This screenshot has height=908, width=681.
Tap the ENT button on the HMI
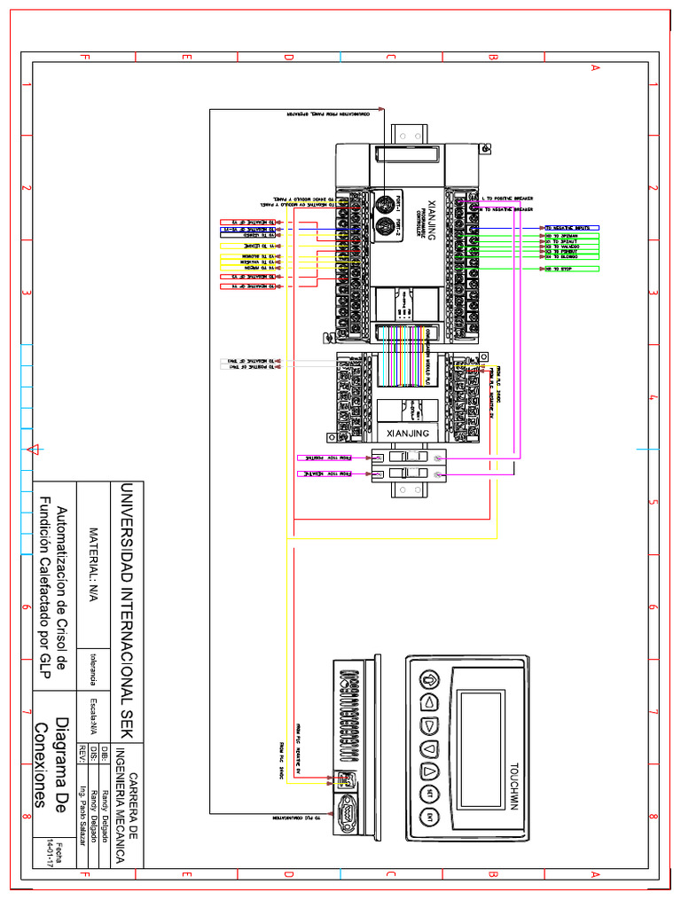[430, 816]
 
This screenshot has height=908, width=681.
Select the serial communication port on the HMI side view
[345, 810]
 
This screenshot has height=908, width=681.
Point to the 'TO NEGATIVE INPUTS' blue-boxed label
[571, 228]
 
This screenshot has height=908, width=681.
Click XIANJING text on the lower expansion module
[409, 433]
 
